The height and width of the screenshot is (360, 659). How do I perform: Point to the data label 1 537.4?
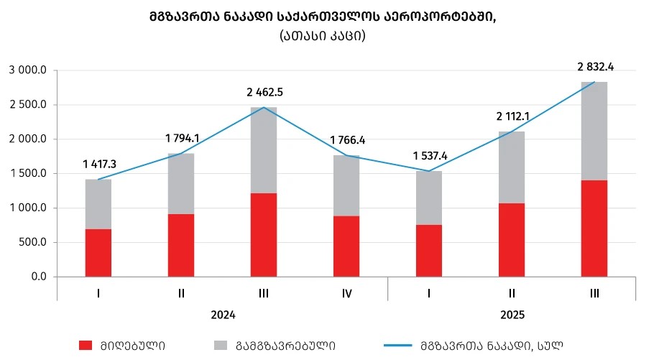point(430,155)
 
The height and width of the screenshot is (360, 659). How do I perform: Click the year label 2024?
point(223,315)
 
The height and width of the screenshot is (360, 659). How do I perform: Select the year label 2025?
point(512,315)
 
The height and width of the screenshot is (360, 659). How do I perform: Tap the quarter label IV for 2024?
point(346,293)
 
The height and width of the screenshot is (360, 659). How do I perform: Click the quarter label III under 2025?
point(594,293)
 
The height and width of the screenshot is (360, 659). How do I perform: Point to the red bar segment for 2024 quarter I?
point(98,252)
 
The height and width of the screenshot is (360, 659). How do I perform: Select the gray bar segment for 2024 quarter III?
point(264,149)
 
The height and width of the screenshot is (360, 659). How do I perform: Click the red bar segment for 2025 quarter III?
point(594,228)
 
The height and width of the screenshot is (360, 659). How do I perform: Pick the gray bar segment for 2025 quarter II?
point(512,167)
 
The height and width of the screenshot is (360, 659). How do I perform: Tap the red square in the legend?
point(85,345)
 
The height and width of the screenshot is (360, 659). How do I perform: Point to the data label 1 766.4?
point(348,140)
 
